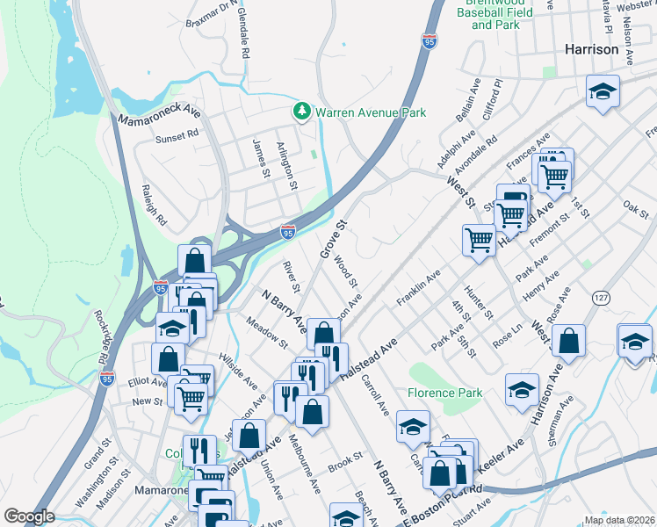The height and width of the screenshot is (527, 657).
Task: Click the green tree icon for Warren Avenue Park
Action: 302,112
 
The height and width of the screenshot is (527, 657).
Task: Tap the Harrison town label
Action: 593,50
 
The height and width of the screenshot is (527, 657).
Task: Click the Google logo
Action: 28,516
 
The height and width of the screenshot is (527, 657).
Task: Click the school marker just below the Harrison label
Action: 603,91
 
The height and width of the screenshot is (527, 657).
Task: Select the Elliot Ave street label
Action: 146,382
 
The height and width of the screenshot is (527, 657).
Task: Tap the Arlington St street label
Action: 287,162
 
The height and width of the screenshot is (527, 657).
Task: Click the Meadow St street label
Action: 267,330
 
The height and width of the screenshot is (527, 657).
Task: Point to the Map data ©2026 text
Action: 617,520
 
